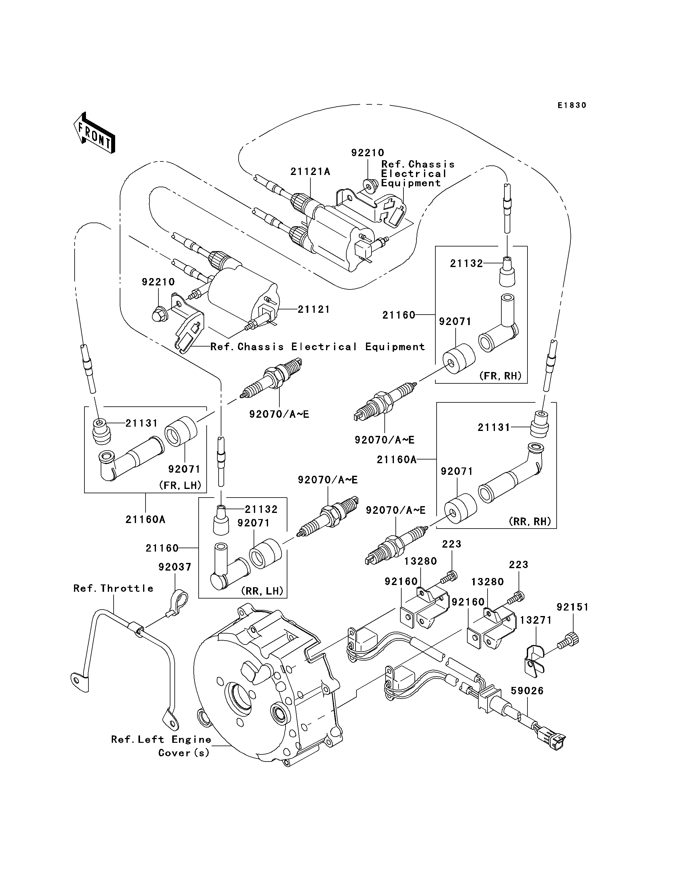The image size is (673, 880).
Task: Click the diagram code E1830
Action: coord(572,105)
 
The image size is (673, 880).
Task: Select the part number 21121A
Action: coord(310,172)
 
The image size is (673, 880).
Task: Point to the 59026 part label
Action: coord(527,691)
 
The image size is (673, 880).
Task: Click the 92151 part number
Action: coord(573,607)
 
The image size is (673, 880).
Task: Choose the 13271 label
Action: coord(536,620)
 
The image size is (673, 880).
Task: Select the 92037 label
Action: coord(175,567)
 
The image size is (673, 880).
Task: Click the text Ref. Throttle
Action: coord(113,588)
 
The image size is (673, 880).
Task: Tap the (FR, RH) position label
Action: coord(500,376)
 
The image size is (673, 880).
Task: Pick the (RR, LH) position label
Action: coord(263,591)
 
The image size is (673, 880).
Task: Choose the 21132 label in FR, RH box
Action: coord(467,264)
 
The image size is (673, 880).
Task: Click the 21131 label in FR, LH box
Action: coord(142,423)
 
